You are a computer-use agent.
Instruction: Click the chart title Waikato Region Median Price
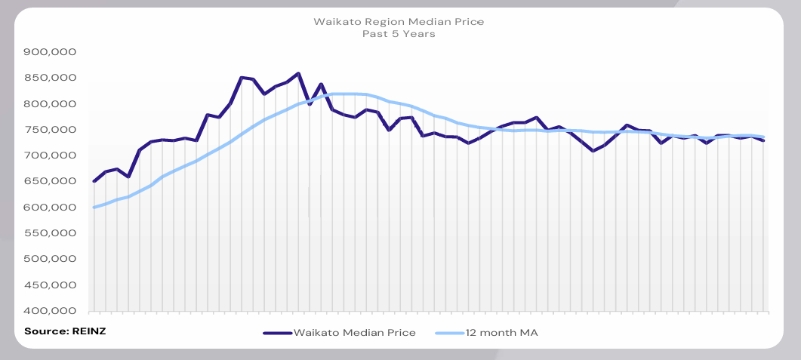[x=399, y=22]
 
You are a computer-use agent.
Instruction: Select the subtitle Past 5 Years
[x=399, y=35]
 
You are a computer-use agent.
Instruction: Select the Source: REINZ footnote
[x=64, y=331]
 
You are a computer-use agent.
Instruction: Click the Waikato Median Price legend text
[x=354, y=333]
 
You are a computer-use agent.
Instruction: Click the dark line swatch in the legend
[x=277, y=333]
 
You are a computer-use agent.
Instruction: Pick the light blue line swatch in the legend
[x=449, y=333]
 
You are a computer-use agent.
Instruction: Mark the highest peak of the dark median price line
[x=298, y=73]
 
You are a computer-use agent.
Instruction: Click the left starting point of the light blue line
[x=94, y=208]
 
